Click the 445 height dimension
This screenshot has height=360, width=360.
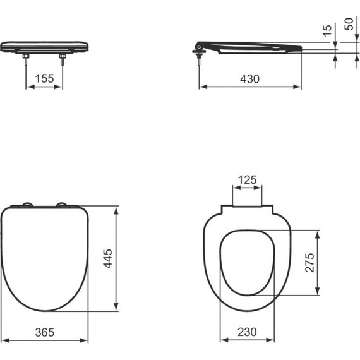(108, 259)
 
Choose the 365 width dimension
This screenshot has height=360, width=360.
(44, 332)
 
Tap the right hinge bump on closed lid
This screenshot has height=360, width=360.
(63, 204)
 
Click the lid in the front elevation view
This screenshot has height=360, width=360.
(44, 46)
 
